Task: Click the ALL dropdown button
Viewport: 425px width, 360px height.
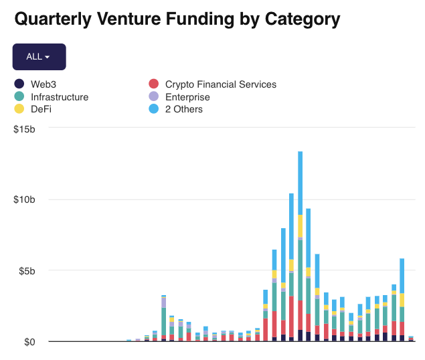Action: pos(39,57)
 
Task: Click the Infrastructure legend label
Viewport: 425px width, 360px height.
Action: pos(60,97)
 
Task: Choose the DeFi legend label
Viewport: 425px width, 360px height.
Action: pos(41,109)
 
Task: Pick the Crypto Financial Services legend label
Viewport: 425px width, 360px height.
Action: pos(220,84)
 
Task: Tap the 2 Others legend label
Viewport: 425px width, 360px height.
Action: pos(183,109)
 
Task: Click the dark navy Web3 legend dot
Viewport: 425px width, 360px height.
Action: pos(19,84)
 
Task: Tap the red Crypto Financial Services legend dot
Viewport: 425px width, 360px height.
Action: pos(153,84)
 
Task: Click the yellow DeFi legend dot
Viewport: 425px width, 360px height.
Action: pos(19,109)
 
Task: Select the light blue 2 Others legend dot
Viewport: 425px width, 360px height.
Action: pos(153,109)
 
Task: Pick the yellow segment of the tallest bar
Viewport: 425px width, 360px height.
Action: pos(300,226)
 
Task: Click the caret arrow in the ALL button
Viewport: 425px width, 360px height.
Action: pos(48,58)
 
